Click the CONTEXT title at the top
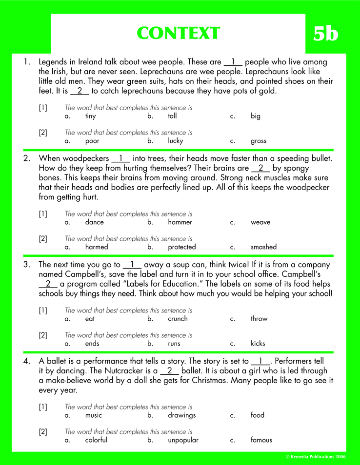(178, 33)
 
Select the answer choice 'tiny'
(90, 116)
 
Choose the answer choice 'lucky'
(175, 141)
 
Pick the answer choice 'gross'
(259, 141)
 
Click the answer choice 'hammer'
(180, 222)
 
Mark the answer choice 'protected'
(181, 247)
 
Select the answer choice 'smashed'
(263, 247)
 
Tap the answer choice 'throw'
(259, 319)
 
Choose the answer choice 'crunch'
(178, 319)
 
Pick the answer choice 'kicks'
(258, 343)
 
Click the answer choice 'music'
(94, 415)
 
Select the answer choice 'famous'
(261, 440)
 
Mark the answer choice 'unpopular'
(183, 440)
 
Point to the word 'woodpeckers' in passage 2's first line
(86, 158)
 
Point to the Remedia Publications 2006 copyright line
(316, 457)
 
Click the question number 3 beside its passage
(27, 265)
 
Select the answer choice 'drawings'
(181, 415)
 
